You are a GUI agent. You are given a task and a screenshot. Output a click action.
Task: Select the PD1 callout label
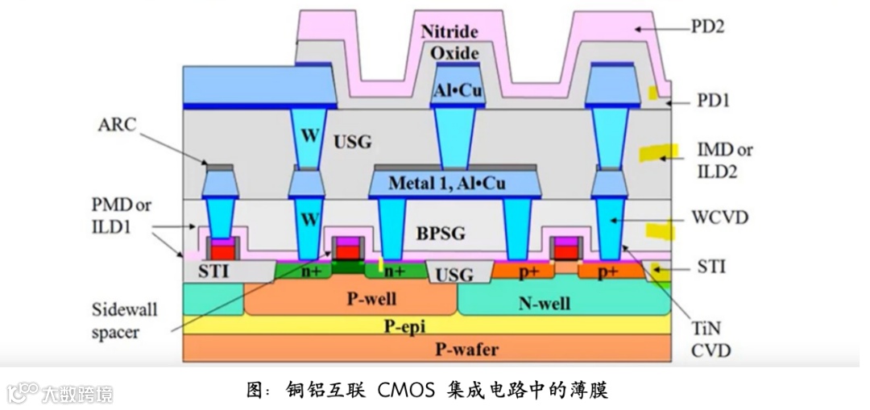tap(711, 101)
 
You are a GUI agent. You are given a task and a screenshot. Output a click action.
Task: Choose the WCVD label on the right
tap(720, 218)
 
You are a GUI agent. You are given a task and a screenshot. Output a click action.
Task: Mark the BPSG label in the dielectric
tap(441, 234)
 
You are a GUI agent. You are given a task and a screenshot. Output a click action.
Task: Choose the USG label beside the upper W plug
tap(352, 142)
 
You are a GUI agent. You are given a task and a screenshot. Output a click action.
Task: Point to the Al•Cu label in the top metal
tap(458, 91)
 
